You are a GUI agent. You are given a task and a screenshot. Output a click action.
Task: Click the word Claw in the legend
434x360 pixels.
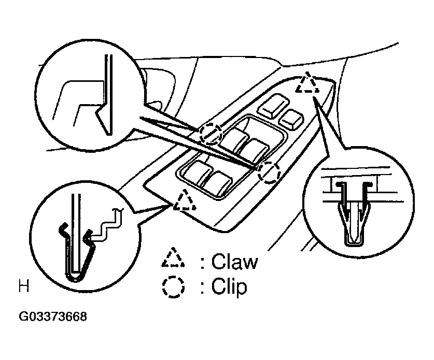click(x=234, y=262)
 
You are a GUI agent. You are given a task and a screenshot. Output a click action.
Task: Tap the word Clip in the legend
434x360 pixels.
click(x=229, y=286)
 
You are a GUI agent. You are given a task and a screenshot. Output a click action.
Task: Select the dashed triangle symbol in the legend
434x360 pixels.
click(x=173, y=257)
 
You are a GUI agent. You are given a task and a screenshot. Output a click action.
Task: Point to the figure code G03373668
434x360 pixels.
click(x=53, y=316)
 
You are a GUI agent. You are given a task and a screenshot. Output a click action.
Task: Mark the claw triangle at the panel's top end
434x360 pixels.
click(x=307, y=83)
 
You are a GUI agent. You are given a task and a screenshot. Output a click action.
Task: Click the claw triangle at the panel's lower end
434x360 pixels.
click(x=185, y=200)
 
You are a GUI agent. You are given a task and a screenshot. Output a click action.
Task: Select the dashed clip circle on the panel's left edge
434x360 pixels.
click(x=211, y=133)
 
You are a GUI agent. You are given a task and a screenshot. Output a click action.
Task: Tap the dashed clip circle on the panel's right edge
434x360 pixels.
click(x=269, y=172)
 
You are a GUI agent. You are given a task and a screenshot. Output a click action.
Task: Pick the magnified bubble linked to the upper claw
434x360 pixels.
click(x=358, y=203)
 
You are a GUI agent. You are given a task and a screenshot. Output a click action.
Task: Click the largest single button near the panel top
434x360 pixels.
click(x=274, y=105)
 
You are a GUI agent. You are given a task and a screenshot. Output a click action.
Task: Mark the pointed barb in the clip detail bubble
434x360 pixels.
click(x=101, y=120)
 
